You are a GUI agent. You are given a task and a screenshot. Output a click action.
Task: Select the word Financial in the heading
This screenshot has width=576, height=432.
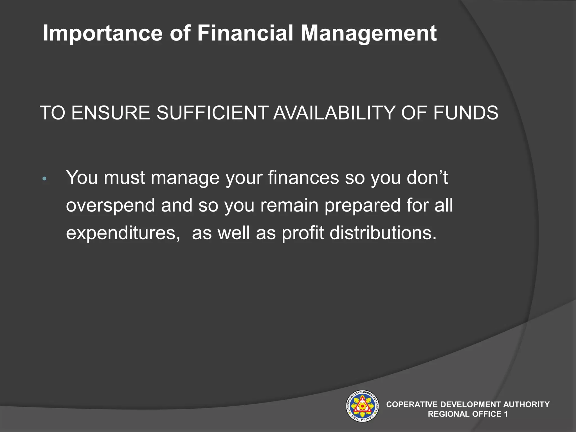tap(245, 33)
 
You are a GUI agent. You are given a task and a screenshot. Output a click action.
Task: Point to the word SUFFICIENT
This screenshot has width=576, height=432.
tap(212, 113)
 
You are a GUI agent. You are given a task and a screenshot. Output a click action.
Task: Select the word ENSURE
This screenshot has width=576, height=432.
tap(111, 113)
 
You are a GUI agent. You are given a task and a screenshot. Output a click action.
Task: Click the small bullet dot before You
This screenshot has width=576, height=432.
tap(44, 179)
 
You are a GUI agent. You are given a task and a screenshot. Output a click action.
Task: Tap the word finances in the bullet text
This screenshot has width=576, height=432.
tap(303, 178)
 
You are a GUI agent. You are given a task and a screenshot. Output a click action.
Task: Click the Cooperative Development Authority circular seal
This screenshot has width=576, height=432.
tap(362, 406)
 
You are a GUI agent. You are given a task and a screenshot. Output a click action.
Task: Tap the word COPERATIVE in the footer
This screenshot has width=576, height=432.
tap(412, 404)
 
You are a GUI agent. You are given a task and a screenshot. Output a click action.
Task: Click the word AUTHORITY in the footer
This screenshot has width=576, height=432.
tap(526, 404)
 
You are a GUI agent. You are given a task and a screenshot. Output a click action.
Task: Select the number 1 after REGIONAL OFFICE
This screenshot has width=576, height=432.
tap(506, 414)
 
